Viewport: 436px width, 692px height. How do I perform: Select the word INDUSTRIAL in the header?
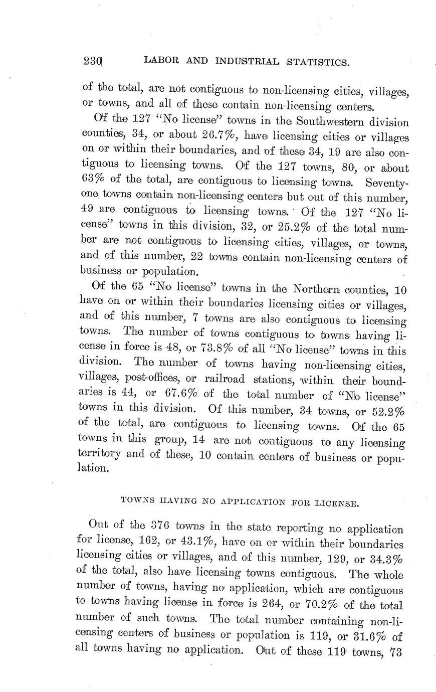(247, 62)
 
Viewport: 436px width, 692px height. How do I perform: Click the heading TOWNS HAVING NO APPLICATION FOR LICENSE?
(240, 501)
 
